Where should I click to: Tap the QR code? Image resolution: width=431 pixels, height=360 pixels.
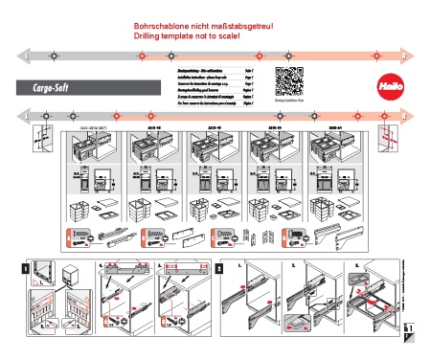pyautogui.click(x=290, y=79)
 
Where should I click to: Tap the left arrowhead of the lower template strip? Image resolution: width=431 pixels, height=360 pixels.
pyautogui.click(x=20, y=115)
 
